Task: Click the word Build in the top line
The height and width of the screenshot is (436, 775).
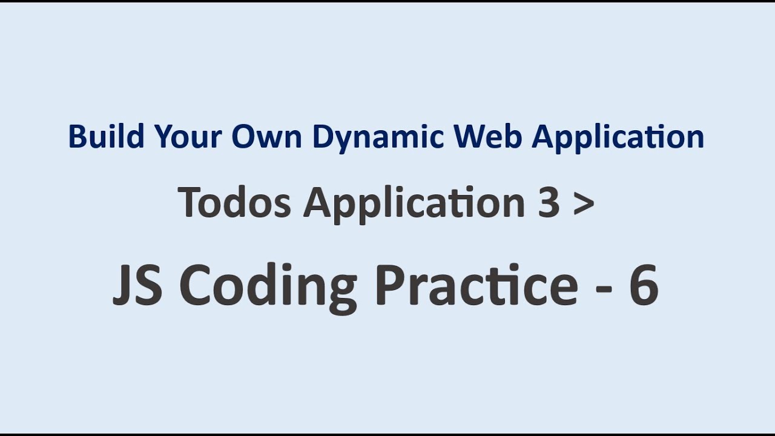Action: (x=105, y=137)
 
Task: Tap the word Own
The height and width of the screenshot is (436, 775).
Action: (x=267, y=137)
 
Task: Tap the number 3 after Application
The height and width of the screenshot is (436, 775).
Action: (x=548, y=202)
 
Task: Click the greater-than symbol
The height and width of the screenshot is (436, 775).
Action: (x=582, y=203)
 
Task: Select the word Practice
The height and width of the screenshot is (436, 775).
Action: (x=476, y=286)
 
